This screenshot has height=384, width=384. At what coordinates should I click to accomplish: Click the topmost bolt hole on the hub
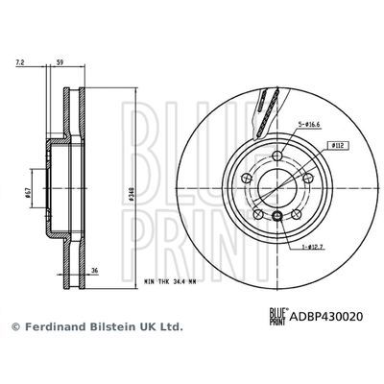pyautogui.click(x=276, y=156)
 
